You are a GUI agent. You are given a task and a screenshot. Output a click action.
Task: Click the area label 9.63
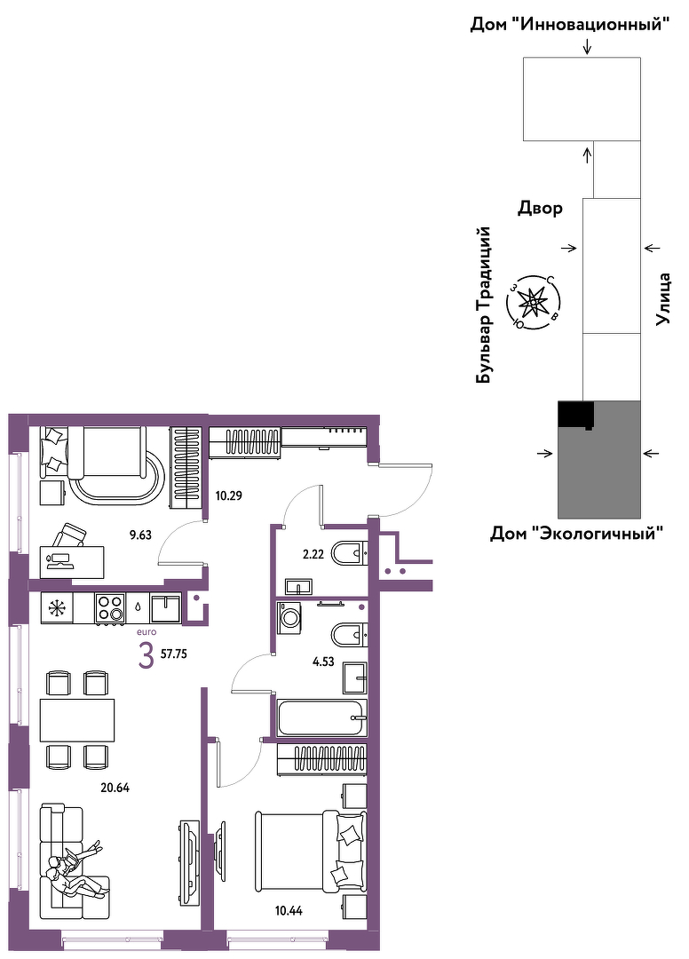click(140, 535)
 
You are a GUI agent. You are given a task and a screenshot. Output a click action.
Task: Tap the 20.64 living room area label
click(115, 788)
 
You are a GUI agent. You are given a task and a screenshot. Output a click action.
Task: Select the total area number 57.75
click(174, 654)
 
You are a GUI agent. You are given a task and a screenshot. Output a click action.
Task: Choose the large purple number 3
click(147, 657)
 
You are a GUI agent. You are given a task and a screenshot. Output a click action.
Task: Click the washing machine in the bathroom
click(289, 618)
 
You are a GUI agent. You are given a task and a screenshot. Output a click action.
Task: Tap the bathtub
click(322, 718)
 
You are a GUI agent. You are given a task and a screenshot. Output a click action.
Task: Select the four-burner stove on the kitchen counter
click(110, 608)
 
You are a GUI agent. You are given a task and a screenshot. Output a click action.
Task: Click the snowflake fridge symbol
click(57, 608)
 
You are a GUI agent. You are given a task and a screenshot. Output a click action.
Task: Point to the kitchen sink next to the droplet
click(166, 608)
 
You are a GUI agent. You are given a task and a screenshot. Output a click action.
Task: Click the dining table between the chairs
click(77, 719)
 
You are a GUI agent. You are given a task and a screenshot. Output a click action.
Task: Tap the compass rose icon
click(533, 302)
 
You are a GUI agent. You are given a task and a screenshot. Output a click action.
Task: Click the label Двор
click(541, 209)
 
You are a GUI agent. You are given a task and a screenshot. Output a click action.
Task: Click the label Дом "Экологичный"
click(577, 534)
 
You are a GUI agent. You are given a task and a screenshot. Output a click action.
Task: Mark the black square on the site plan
click(576, 414)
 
